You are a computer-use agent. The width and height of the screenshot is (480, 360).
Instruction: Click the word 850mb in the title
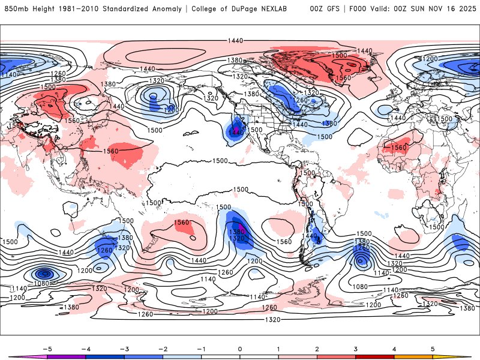click(x=16, y=9)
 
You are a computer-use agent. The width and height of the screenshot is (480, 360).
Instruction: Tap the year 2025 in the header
click(x=466, y=9)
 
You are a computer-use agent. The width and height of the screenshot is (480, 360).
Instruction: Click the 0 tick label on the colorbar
click(x=239, y=348)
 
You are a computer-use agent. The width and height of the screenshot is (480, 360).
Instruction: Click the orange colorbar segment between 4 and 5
click(x=414, y=357)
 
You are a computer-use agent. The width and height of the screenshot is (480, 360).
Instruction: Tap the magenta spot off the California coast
click(x=236, y=128)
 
